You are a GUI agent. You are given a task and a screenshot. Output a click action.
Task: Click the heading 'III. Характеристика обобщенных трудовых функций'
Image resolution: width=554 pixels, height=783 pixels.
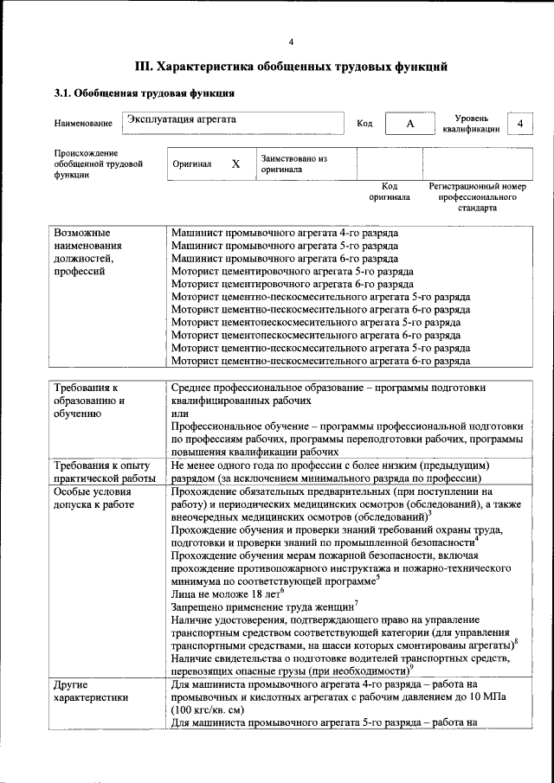[x=291, y=66]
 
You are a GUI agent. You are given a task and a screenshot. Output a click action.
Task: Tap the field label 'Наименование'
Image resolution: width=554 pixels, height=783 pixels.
[x=83, y=124]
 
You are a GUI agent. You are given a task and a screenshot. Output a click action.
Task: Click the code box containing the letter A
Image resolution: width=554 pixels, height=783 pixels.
[x=411, y=124]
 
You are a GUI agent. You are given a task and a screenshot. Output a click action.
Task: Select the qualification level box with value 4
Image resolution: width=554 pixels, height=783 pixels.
[x=520, y=124]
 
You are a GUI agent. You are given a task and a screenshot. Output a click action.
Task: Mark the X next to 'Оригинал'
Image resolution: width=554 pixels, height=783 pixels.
[x=235, y=164]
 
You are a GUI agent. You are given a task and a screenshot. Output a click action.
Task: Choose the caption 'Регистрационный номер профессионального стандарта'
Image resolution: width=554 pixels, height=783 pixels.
[x=477, y=197]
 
